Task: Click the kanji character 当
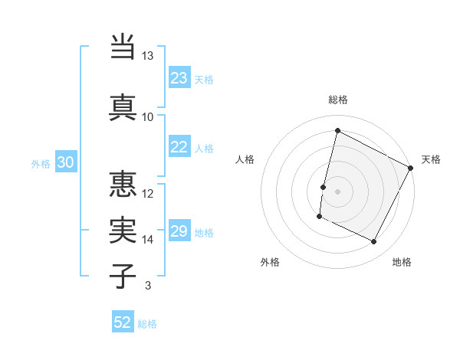coord(123,47)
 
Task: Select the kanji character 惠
coord(123,184)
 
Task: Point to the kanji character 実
coord(123,230)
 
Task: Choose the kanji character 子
coord(123,276)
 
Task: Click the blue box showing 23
coord(179,78)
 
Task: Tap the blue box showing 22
coord(179,148)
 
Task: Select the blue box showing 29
coord(179,232)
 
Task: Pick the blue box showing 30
coord(65,162)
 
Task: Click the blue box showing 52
coord(123,322)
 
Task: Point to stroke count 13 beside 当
coord(147,56)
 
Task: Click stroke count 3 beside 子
coord(147,286)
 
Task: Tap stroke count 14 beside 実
coord(147,240)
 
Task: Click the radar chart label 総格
coord(337,100)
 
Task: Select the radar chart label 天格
coord(431,159)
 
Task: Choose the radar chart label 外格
coord(270,262)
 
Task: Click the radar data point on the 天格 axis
coord(411,168)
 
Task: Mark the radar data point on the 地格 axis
coord(374,242)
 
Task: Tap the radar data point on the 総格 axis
coord(337,131)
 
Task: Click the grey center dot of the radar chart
coord(337,191)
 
